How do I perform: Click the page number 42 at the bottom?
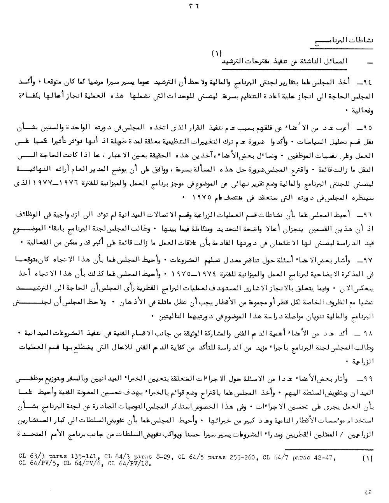368,492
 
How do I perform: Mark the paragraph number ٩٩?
364,377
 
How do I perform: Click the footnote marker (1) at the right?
367,458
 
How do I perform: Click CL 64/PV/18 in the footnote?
128,463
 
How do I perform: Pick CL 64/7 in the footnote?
276,456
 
